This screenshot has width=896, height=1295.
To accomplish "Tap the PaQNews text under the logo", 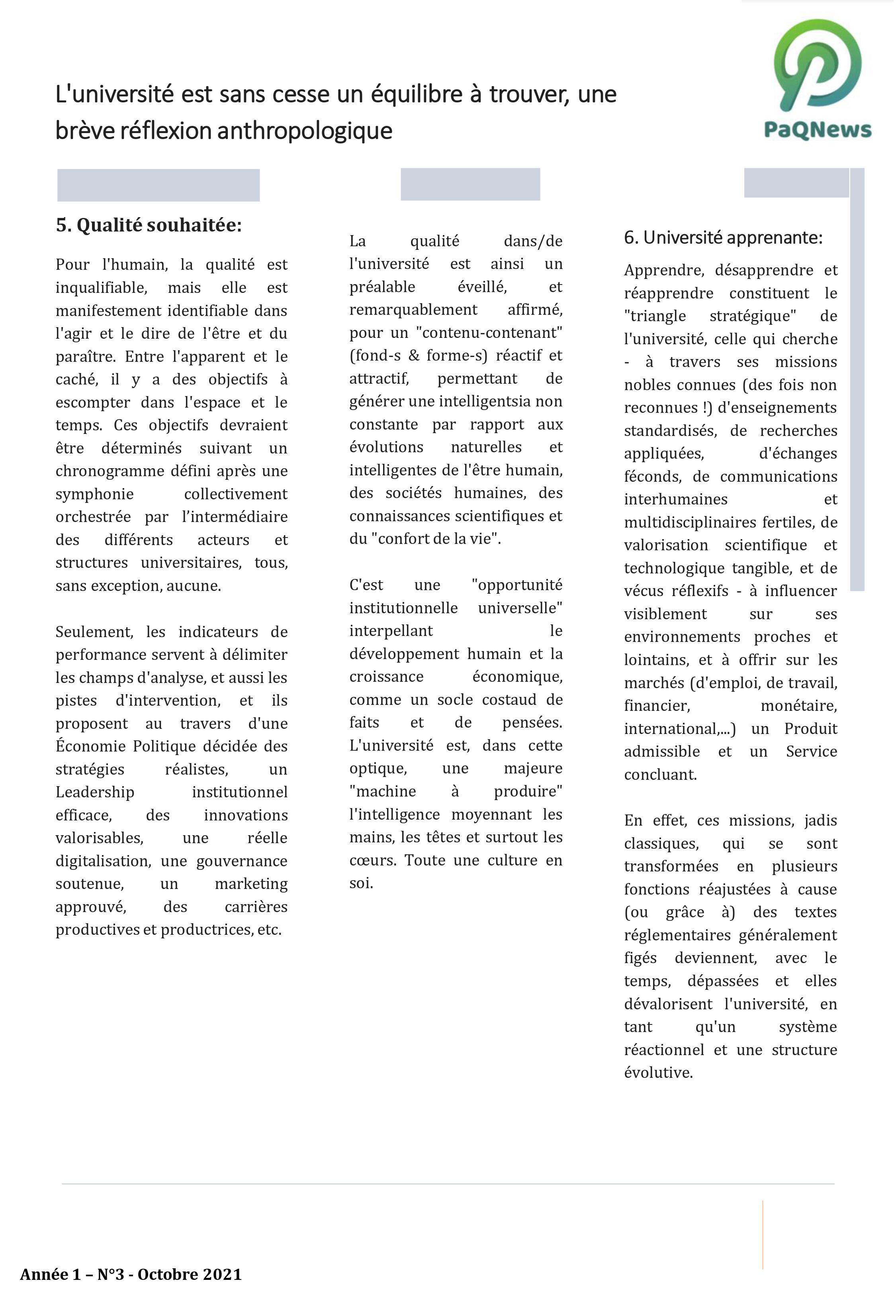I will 818,130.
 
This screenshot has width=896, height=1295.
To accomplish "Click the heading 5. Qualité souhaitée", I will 149,225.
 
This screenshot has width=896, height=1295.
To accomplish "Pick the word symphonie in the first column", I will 94,494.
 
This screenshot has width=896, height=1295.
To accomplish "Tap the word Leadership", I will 95,793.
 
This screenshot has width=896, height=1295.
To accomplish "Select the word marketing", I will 251,884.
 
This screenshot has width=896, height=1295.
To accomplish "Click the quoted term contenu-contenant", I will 489,333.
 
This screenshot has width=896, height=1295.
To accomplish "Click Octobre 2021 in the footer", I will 189,1275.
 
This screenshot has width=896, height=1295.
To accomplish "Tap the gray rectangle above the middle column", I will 470,184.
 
